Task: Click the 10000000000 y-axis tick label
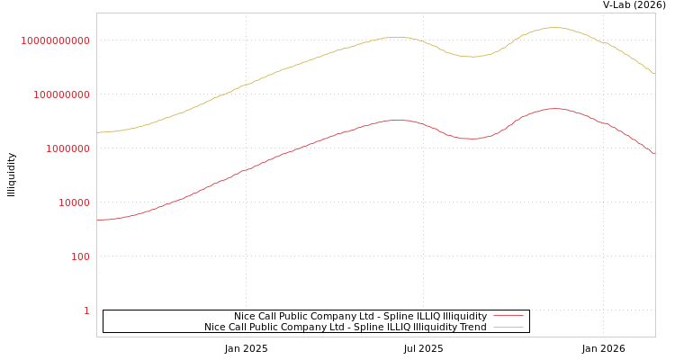[x=55, y=40]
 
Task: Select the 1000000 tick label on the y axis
[x=67, y=148]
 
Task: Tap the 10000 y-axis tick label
[x=74, y=202]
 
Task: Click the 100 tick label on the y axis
[x=80, y=256]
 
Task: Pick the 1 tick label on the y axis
[x=86, y=310]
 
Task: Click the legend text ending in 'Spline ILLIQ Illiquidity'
[x=360, y=316]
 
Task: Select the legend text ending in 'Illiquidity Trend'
[x=345, y=327]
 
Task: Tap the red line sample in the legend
[x=508, y=316]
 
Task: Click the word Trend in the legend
[x=472, y=327]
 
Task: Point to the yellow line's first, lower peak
[x=396, y=37]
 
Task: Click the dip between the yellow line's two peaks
[x=472, y=57]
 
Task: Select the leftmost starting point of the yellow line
[x=97, y=132]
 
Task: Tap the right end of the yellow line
[x=654, y=73]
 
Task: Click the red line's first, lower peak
[x=396, y=120]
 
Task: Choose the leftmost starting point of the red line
[x=97, y=220]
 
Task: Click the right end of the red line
[x=654, y=154]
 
